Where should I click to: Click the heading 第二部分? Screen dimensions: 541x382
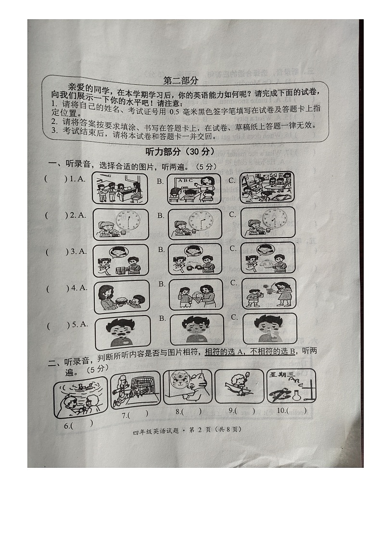click(180, 80)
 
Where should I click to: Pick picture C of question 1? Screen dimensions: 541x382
click(267, 188)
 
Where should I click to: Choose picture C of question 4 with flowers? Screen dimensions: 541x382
click(269, 293)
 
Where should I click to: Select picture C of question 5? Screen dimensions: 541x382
click(269, 330)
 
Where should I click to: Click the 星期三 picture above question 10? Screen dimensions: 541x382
click(291, 386)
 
